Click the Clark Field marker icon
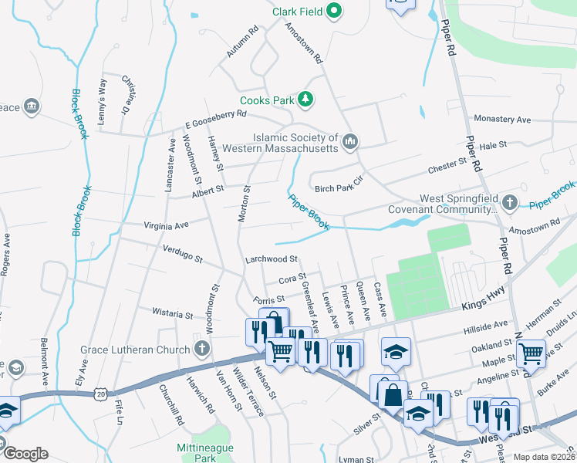[x=334, y=12]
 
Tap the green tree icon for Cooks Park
[x=306, y=100]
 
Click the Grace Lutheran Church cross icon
[x=201, y=350]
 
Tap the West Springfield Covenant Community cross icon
[x=508, y=204]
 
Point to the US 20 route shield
[x=101, y=394]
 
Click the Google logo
[x=25, y=453]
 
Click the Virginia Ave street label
[x=166, y=226]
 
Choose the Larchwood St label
[x=271, y=260]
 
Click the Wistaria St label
[x=172, y=315]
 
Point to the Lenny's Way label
[x=101, y=96]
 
